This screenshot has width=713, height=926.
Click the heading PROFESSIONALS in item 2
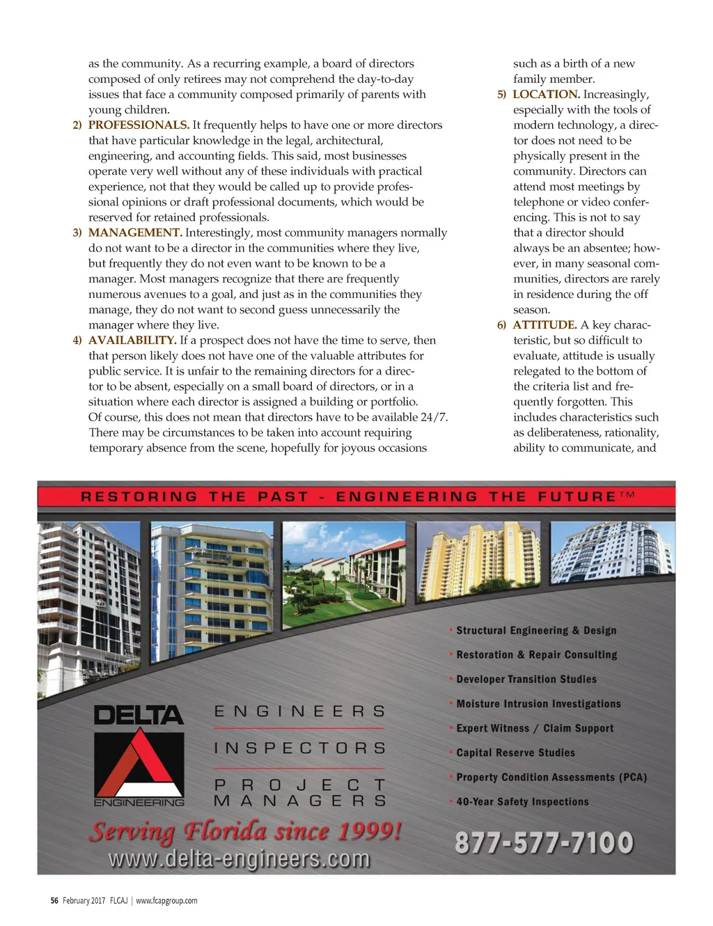[x=139, y=125]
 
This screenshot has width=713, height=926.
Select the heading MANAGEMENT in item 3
[x=135, y=233]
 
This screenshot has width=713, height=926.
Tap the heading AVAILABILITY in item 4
[x=132, y=340]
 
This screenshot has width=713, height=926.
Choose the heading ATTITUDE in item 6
[x=544, y=325]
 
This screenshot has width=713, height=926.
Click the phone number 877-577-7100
[x=544, y=842]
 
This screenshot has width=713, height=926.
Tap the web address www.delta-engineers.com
[x=239, y=858]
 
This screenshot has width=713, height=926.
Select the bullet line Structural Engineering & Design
[x=536, y=631]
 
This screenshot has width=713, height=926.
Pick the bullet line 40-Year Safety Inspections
[x=522, y=802]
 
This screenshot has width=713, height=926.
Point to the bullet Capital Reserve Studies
[x=515, y=753]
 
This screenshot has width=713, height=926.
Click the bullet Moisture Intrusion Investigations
[x=538, y=704]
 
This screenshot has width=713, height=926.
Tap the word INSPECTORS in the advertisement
[x=299, y=748]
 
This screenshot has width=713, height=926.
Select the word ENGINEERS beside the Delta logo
[x=299, y=712]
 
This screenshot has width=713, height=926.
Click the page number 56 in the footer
[x=54, y=901]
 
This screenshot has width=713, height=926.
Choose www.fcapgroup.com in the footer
[x=166, y=901]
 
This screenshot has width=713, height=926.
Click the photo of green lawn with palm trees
[x=344, y=564]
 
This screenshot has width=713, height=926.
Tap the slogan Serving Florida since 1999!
[x=244, y=831]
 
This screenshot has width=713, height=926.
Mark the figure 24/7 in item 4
[x=434, y=418]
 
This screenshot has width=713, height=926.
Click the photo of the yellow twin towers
[x=478, y=561]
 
